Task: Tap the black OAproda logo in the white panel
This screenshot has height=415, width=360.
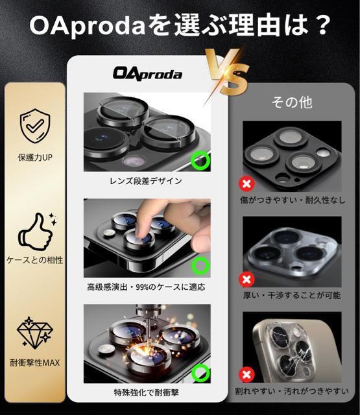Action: pyautogui.click(x=147, y=73)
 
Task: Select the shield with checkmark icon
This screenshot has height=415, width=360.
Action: pyautogui.click(x=35, y=126)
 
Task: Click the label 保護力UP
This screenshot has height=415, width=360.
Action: pyautogui.click(x=35, y=158)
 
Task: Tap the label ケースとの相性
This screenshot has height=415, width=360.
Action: pyautogui.click(x=35, y=260)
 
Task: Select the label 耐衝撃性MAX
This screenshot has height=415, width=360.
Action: pyautogui.click(x=35, y=362)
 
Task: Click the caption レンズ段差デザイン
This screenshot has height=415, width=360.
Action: pyautogui.click(x=146, y=181)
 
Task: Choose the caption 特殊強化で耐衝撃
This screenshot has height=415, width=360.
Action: pyautogui.click(x=147, y=392)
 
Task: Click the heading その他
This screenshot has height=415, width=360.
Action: pyautogui.click(x=292, y=102)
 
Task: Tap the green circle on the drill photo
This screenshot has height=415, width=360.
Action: pyautogui.click(x=200, y=373)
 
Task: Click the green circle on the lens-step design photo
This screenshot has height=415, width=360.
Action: pyautogui.click(x=200, y=160)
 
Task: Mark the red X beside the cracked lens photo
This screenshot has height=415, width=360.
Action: pyautogui.click(x=246, y=375)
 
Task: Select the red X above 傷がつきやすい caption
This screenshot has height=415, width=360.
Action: pyautogui.click(x=246, y=184)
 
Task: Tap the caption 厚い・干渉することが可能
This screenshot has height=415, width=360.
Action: pyautogui.click(x=292, y=296)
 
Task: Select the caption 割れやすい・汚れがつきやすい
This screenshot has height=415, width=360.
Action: pyautogui.click(x=292, y=391)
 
